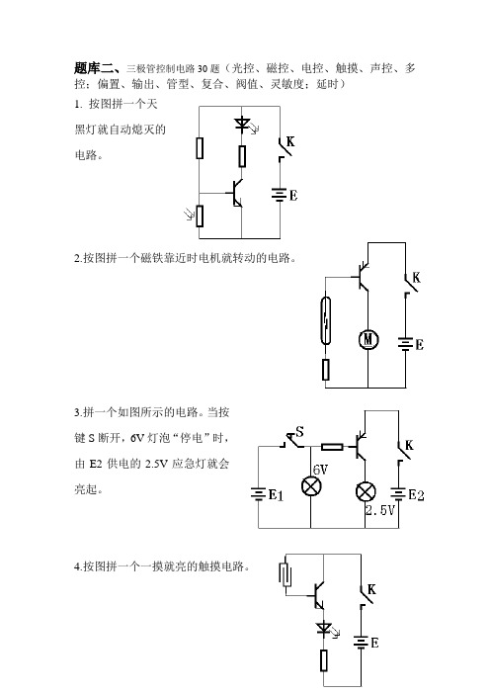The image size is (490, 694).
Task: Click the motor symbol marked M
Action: (x=367, y=339)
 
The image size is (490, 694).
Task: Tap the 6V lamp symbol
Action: (x=311, y=486)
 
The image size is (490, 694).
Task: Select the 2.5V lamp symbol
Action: (x=366, y=492)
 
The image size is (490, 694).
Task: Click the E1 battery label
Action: (x=276, y=495)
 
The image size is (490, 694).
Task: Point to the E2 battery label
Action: (x=416, y=495)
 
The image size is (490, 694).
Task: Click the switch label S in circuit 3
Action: (x=299, y=431)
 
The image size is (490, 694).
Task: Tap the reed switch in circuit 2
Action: (x=326, y=320)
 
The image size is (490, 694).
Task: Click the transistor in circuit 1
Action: (x=236, y=194)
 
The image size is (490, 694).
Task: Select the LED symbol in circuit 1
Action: (x=243, y=123)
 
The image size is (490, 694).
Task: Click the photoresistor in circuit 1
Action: (x=199, y=216)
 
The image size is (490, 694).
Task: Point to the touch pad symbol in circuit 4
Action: (x=286, y=574)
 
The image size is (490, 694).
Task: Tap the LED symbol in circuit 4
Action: (x=325, y=628)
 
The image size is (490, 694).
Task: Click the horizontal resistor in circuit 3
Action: (x=332, y=447)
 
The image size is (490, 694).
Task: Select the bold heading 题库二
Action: (x=97, y=68)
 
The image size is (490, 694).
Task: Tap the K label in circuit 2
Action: (x=416, y=278)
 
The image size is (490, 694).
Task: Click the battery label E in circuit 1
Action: (x=293, y=195)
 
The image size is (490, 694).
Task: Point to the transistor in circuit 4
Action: (x=317, y=596)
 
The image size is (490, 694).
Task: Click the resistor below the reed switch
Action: (x=326, y=370)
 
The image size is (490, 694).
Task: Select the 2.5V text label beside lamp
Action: (x=380, y=510)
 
